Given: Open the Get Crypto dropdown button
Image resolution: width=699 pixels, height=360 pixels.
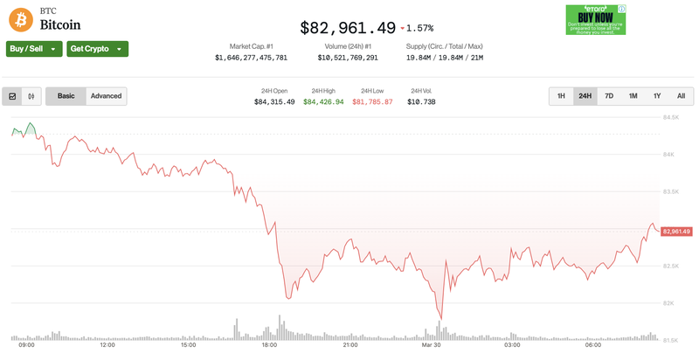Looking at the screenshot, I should [97, 49].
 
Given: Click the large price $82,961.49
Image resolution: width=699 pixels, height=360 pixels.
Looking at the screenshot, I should [348, 28].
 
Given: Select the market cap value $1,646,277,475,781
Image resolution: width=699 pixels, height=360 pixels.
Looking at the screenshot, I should [251, 58].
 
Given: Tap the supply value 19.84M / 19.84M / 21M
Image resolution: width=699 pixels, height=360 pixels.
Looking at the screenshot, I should [445, 58].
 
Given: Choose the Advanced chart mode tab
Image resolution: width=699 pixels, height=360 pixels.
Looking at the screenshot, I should [106, 96].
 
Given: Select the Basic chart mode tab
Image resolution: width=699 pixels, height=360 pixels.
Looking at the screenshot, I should [66, 96].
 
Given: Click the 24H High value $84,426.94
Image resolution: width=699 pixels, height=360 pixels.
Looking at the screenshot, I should [322, 102].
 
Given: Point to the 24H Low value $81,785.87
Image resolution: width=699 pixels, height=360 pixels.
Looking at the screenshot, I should [372, 102].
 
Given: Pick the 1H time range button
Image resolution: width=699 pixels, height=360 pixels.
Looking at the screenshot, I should [561, 96].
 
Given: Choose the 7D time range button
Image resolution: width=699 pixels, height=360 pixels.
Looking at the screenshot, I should [609, 96].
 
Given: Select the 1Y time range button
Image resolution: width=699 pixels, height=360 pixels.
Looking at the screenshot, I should [657, 96].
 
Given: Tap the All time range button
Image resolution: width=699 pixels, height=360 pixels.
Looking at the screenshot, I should [681, 96].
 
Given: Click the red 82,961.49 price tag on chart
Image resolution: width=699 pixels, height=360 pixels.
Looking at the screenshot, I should [677, 232].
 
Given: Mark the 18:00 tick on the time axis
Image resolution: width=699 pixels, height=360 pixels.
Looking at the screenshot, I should [269, 345].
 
